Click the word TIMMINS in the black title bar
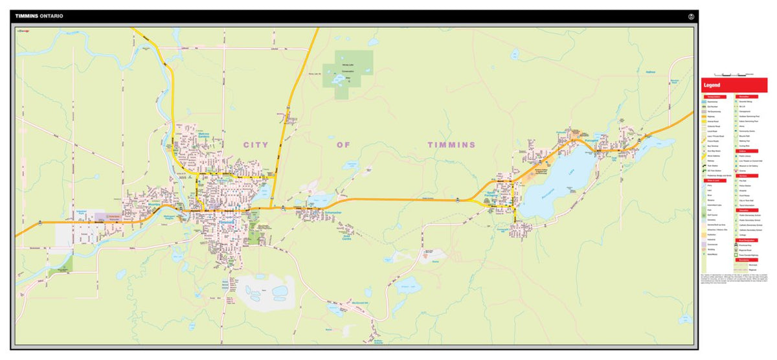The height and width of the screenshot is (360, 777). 26,16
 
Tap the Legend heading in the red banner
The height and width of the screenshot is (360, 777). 713,85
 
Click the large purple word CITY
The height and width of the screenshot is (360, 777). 256,144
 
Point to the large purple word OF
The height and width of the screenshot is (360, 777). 343,144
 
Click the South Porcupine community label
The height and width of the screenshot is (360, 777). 499,195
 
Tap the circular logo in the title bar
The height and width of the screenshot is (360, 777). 691,16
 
